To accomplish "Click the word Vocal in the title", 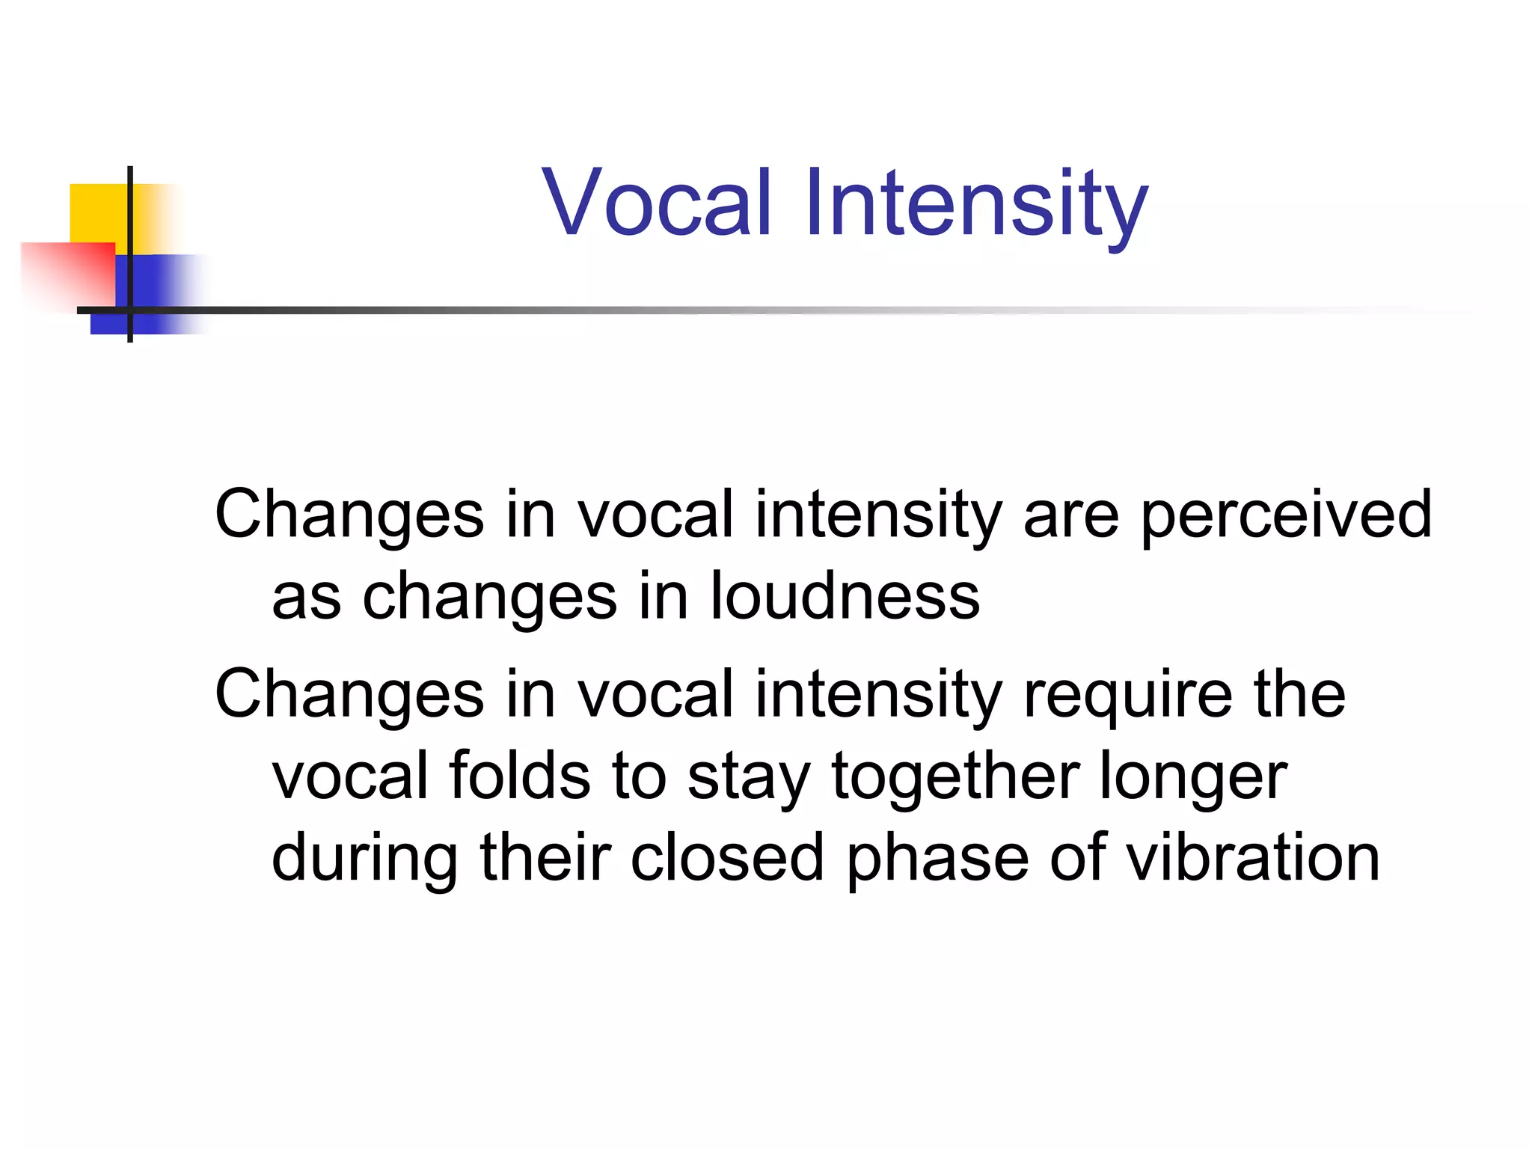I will pyautogui.click(x=657, y=203).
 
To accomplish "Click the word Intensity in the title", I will pyautogui.click(x=976, y=203).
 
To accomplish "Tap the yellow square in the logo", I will pyautogui.click(x=97, y=213).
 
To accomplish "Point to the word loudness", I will pyautogui.click(x=845, y=596).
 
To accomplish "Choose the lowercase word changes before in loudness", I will pyautogui.click(x=490, y=598).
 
